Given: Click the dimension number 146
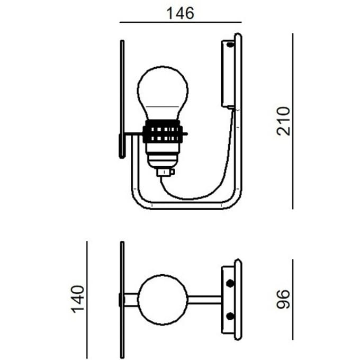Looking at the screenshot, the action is point(180,13).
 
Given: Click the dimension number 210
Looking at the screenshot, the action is point(284,121).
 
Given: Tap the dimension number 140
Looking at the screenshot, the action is point(78,299).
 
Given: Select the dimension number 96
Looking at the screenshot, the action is point(284,299).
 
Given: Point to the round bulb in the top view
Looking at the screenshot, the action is point(163,300).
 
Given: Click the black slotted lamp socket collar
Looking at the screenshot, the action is point(163,134).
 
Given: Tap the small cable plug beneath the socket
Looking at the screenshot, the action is point(165,172).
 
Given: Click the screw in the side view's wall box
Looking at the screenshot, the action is point(230,44).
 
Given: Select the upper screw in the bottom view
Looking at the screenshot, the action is point(230,283).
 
